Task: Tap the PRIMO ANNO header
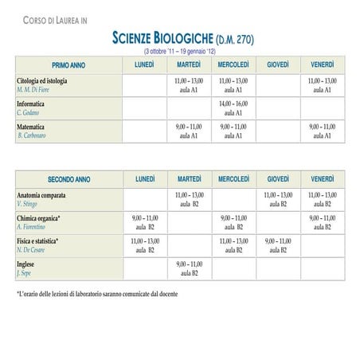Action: [68, 65]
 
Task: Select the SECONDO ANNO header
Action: [68, 179]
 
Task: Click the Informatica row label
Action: [31, 104]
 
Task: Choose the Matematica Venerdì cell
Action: [323, 131]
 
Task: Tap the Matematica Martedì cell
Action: [189, 131]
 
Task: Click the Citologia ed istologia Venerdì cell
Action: [323, 85]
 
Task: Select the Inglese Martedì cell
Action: [189, 268]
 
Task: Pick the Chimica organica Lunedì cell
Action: [144, 222]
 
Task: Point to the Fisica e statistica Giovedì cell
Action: [278, 245]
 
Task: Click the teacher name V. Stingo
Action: [28, 205]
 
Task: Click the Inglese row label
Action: [26, 264]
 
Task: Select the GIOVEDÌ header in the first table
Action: [278, 64]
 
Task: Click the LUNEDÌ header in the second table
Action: [144, 178]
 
